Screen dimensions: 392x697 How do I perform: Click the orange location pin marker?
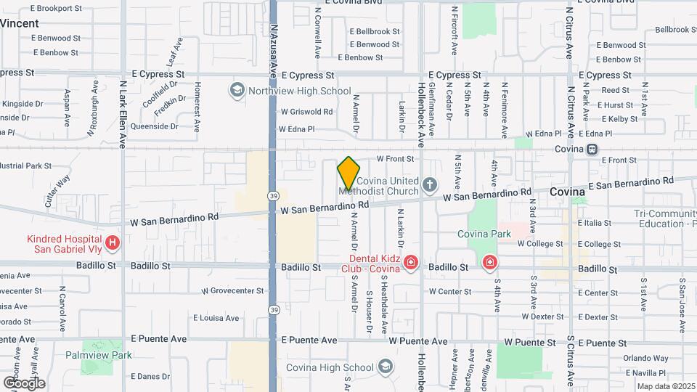[x=348, y=174]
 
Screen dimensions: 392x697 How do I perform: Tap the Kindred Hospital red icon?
[x=113, y=242]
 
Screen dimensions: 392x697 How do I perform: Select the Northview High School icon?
[x=237, y=91]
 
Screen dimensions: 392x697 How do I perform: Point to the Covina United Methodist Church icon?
[x=430, y=184]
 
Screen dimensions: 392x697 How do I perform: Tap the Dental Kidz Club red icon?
[x=411, y=262]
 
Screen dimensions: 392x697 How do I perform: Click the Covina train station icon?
[x=592, y=149]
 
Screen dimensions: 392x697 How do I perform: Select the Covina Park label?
[x=484, y=234]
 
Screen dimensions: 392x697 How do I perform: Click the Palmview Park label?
[x=107, y=355]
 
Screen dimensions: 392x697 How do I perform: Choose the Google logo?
[x=24, y=383]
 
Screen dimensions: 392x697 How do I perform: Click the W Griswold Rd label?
[x=306, y=112]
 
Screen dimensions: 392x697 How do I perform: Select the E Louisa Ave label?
[x=216, y=318]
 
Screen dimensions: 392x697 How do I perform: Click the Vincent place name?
[x=20, y=23]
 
